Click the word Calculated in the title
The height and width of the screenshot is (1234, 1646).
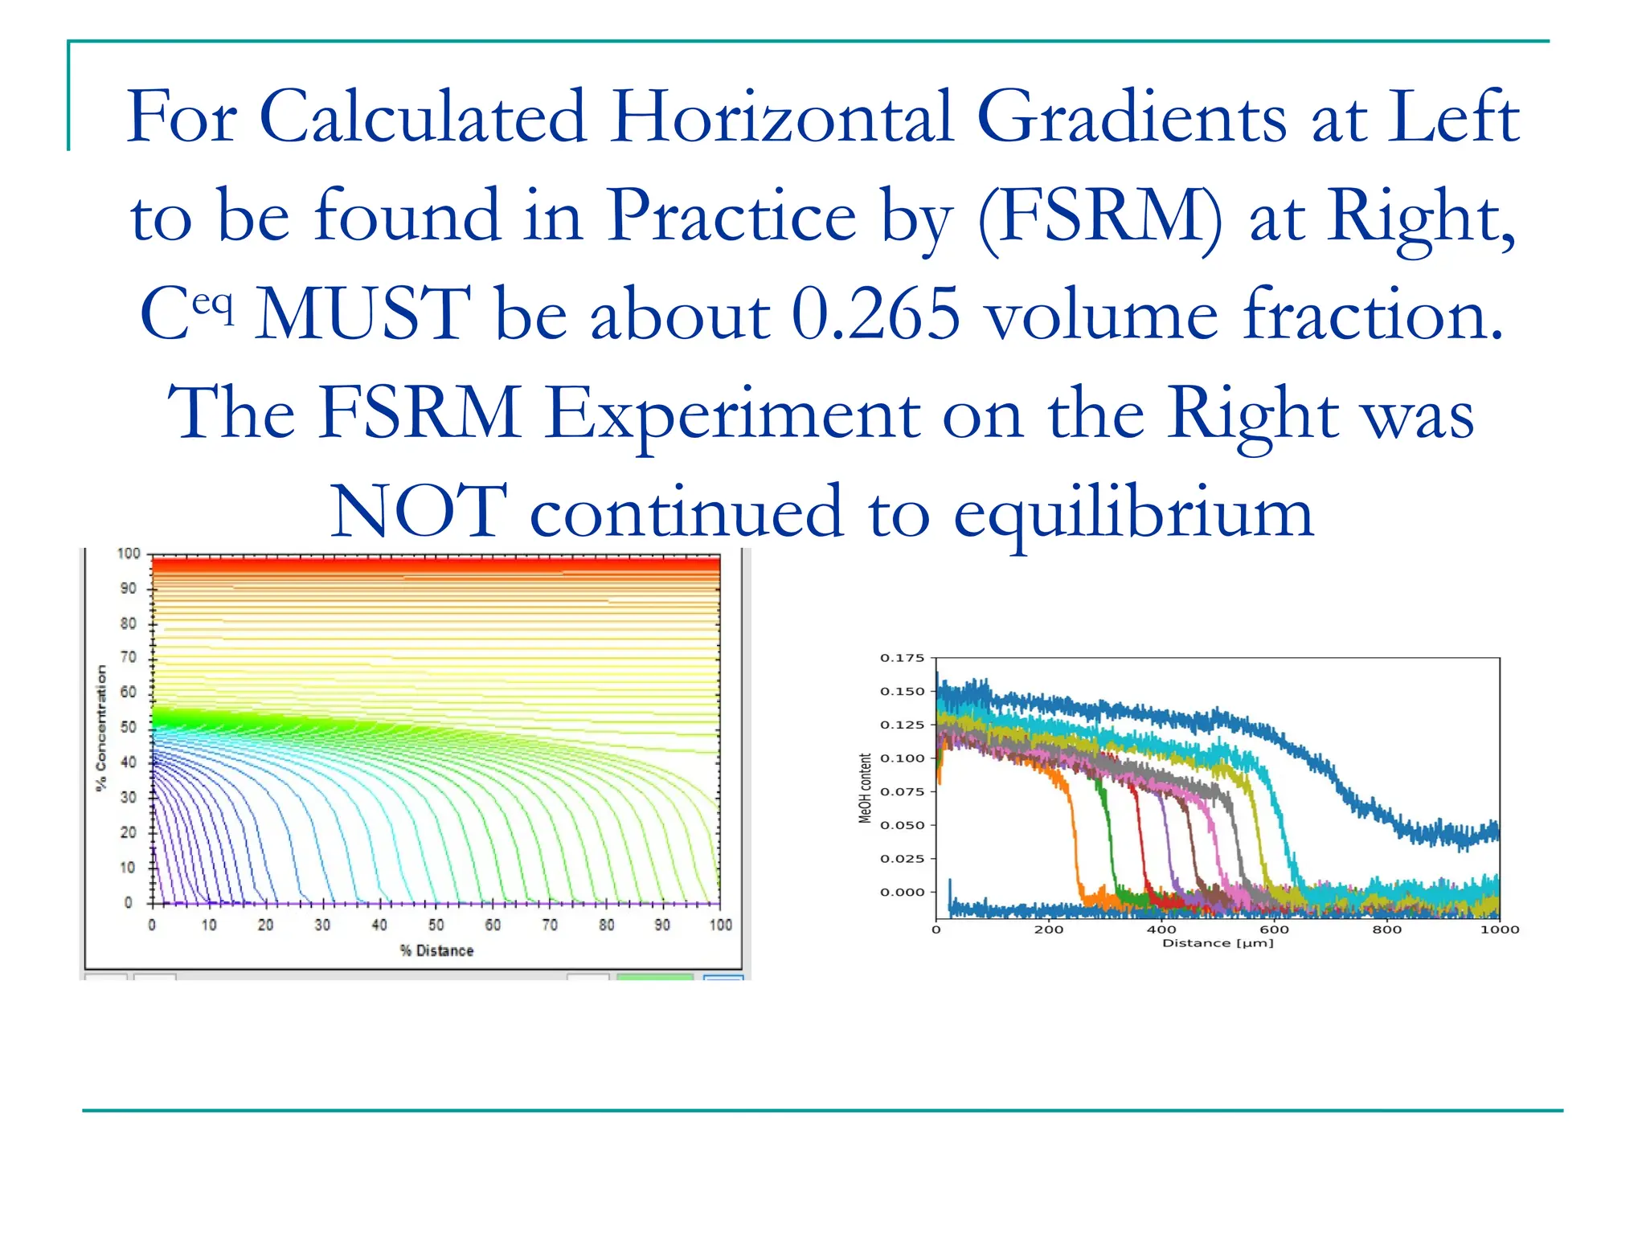click(x=424, y=117)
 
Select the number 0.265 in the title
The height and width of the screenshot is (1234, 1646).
click(x=875, y=315)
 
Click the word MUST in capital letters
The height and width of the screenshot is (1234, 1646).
click(x=363, y=315)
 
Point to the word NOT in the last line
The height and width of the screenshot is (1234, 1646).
click(x=419, y=512)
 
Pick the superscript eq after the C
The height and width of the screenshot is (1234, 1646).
click(x=213, y=304)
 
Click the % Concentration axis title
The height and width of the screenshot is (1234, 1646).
click(x=101, y=728)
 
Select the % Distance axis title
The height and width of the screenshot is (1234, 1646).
click(x=436, y=950)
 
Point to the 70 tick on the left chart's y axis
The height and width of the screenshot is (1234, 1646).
click(x=129, y=657)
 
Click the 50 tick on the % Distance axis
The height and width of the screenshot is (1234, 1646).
click(x=436, y=925)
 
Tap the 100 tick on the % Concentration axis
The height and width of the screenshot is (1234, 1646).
click(x=129, y=554)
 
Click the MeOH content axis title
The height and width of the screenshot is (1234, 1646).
click(x=865, y=788)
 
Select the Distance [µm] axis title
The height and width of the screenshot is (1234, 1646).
click(x=1218, y=943)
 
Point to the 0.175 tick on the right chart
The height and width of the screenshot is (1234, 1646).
click(x=902, y=658)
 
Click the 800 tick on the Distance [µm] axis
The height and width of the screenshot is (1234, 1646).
click(x=1386, y=930)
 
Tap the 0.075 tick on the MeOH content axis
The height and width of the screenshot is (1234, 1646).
click(x=902, y=791)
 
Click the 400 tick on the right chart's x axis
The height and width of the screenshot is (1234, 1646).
click(x=1161, y=930)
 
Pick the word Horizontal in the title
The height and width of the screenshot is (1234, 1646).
click(x=782, y=117)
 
